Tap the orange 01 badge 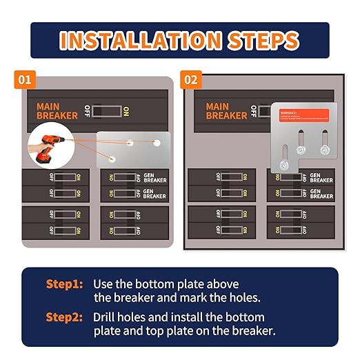click(x=26, y=80)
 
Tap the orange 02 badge click(x=191, y=80)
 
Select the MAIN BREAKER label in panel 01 click(x=57, y=110)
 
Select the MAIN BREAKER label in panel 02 click(x=226, y=110)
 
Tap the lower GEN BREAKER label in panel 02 click(x=321, y=194)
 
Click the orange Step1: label click(x=65, y=284)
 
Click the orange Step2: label click(x=65, y=317)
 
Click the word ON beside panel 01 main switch click(x=126, y=110)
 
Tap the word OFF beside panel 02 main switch click(x=254, y=110)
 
